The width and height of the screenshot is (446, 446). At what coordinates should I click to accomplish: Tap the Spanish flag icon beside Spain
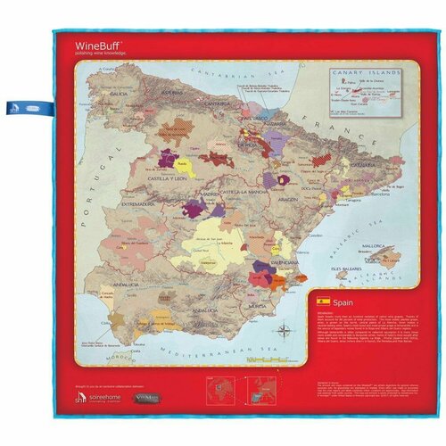click(323, 303)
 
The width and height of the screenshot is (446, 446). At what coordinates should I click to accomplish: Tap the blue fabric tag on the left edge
click(31, 103)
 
